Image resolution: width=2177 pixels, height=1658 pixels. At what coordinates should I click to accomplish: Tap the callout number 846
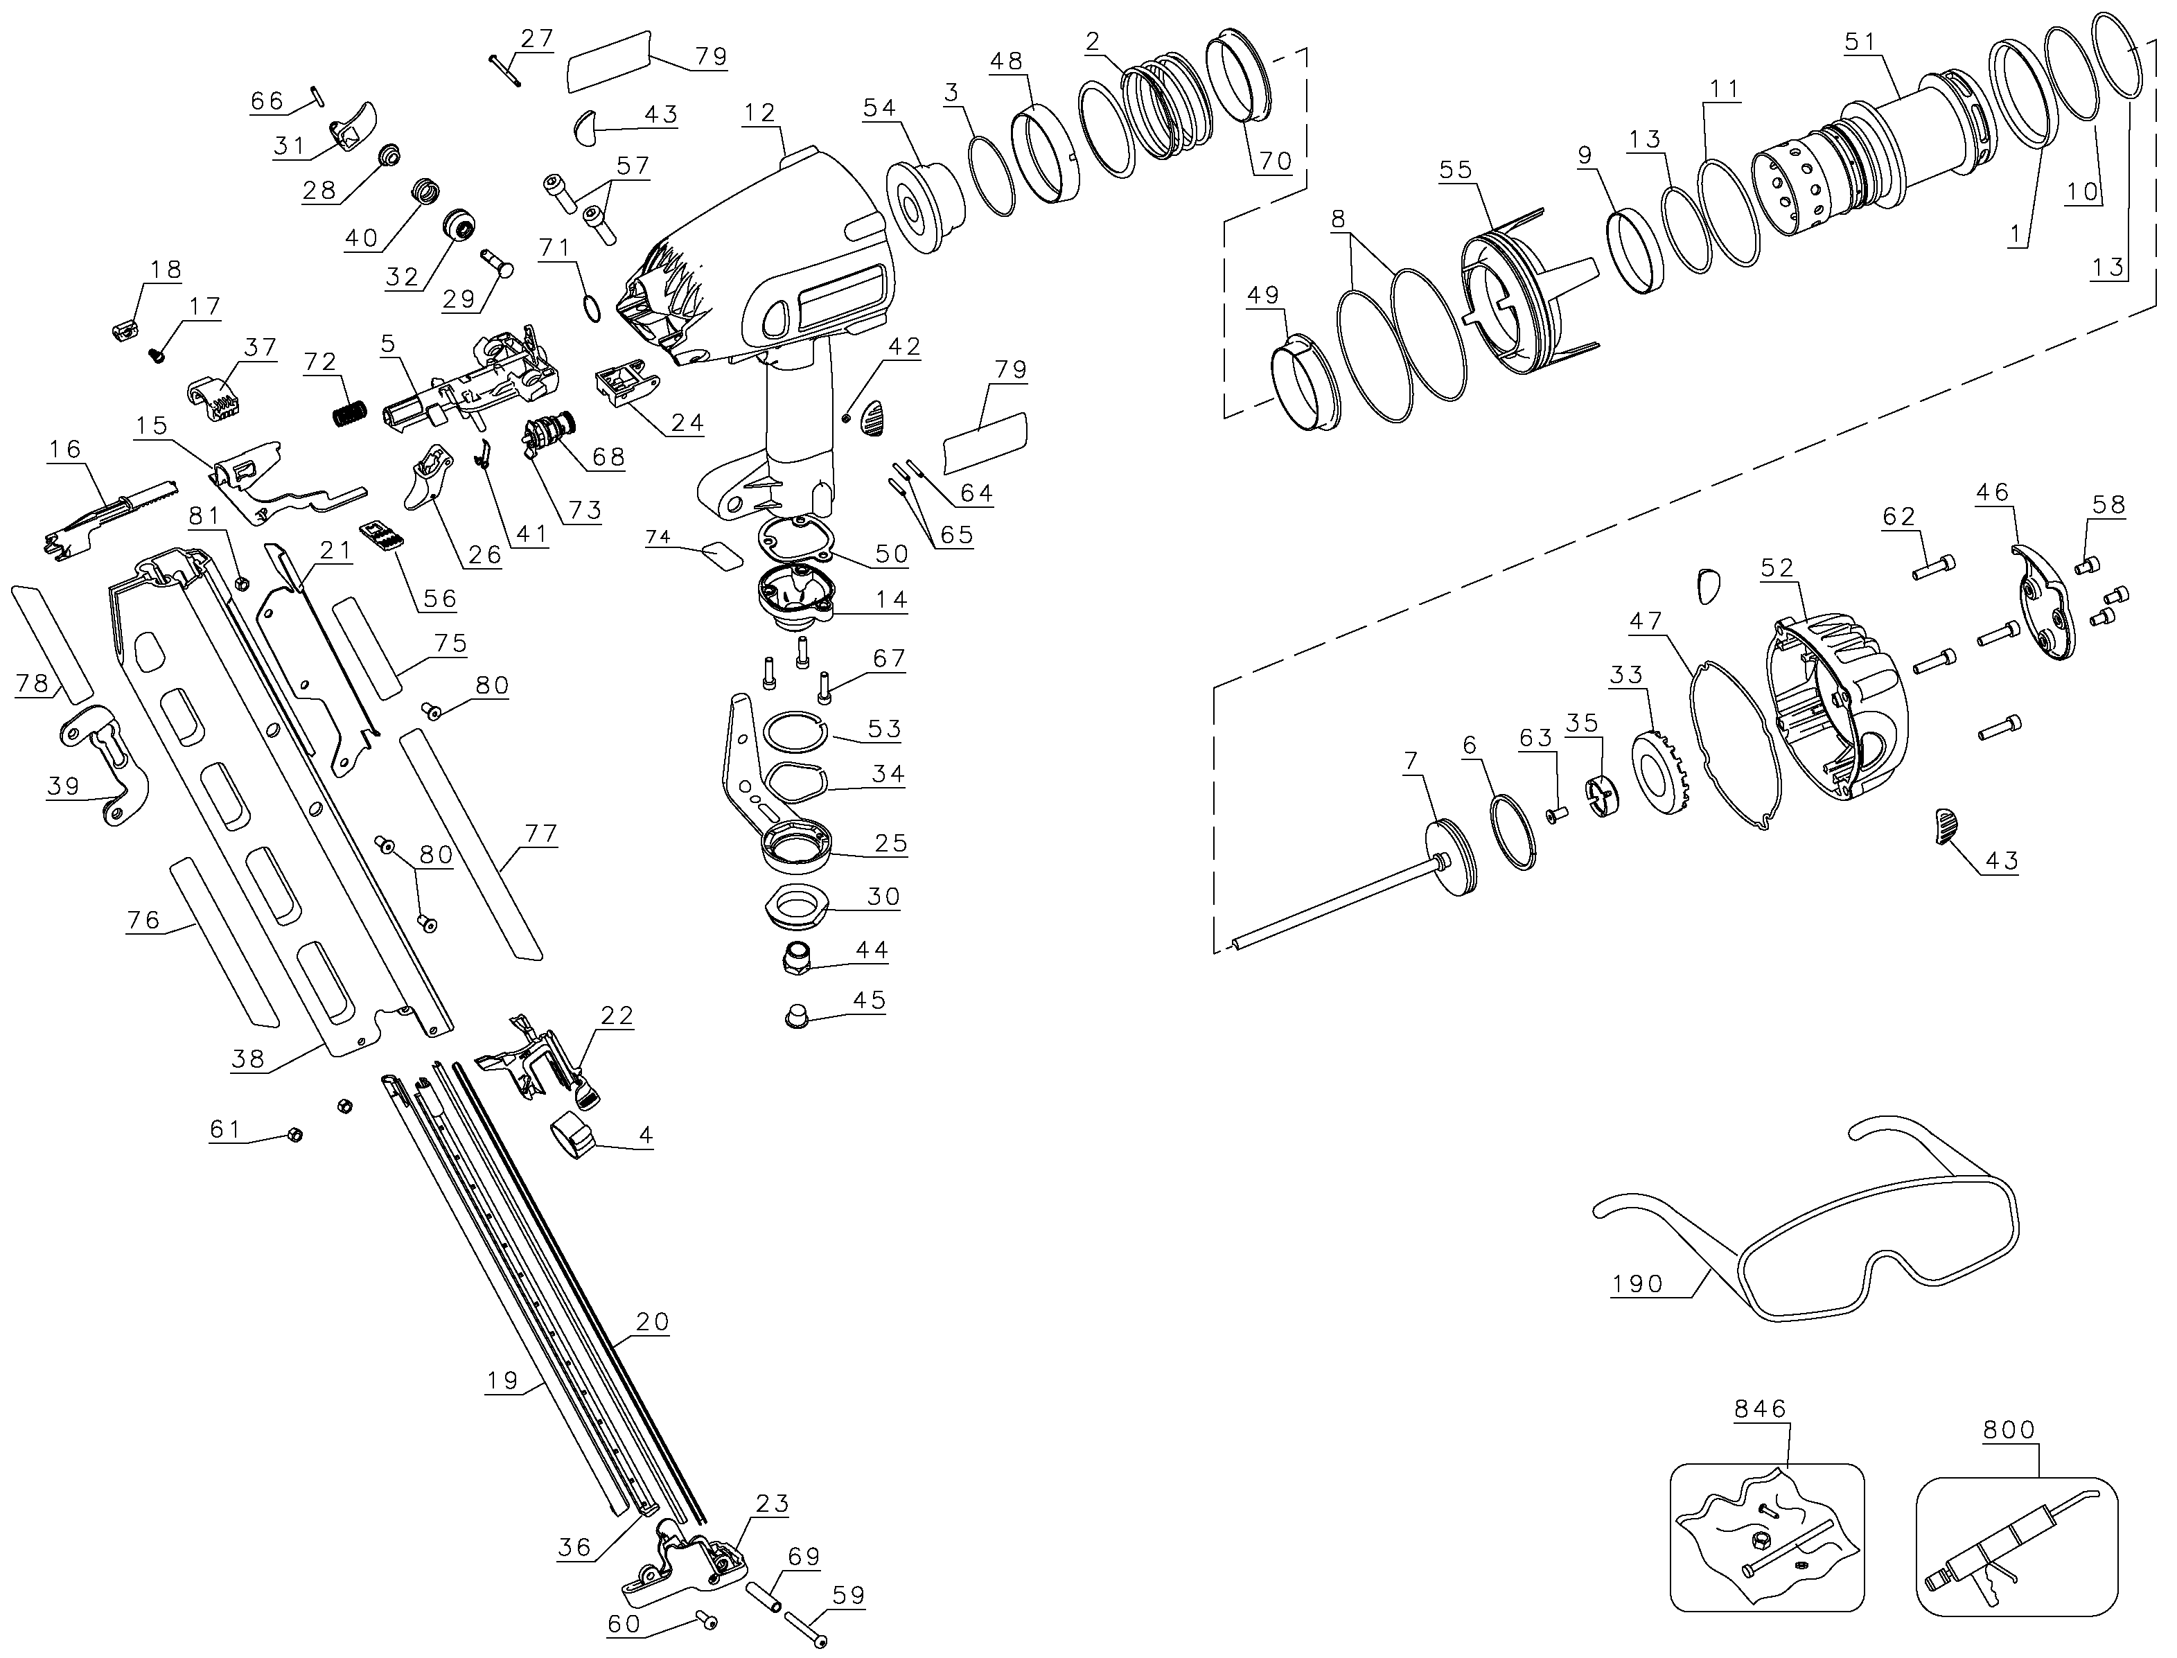(1761, 1409)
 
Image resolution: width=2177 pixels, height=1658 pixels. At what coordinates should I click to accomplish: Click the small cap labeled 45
(796, 1016)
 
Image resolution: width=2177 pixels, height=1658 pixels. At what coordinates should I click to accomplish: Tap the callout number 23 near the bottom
(772, 1503)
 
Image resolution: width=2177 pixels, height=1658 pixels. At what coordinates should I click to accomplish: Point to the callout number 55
(1456, 169)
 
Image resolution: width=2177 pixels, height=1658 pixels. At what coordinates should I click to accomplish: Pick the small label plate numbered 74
(721, 556)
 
